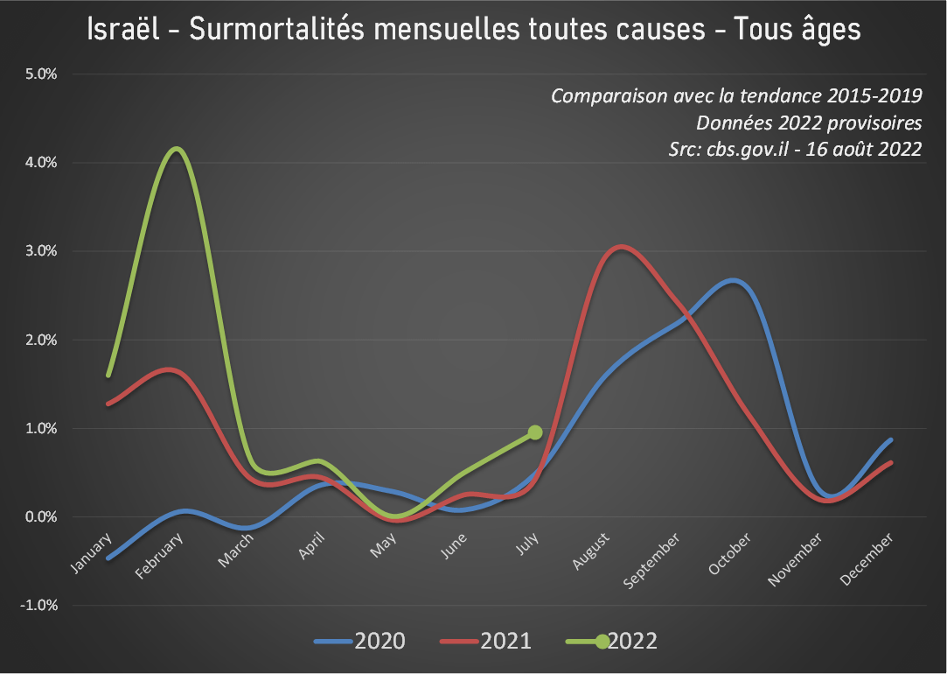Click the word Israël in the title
point(124,30)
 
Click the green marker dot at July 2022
point(535,432)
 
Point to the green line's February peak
point(178,149)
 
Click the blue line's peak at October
point(735,281)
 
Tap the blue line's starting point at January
point(108,558)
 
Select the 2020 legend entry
point(360,642)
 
